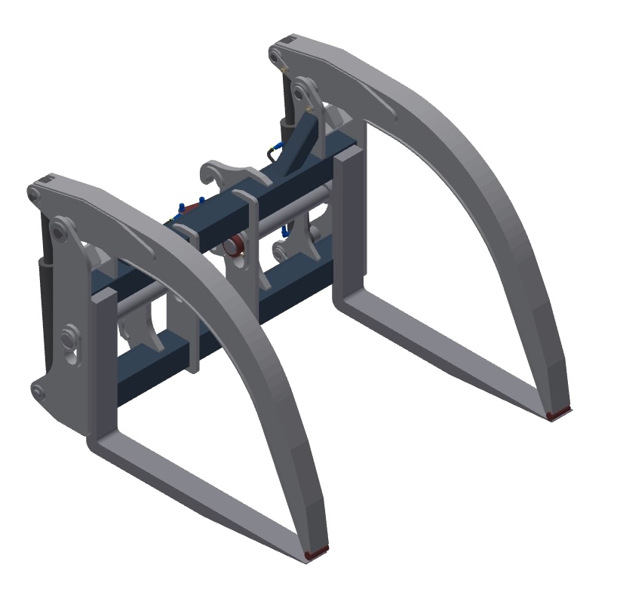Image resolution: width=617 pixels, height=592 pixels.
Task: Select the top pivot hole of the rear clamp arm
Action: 276,55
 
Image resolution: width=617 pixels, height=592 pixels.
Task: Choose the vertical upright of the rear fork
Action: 348,219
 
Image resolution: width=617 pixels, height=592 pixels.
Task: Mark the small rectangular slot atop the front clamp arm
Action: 48,179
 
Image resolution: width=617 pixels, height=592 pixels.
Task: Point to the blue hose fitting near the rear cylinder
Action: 276,148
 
